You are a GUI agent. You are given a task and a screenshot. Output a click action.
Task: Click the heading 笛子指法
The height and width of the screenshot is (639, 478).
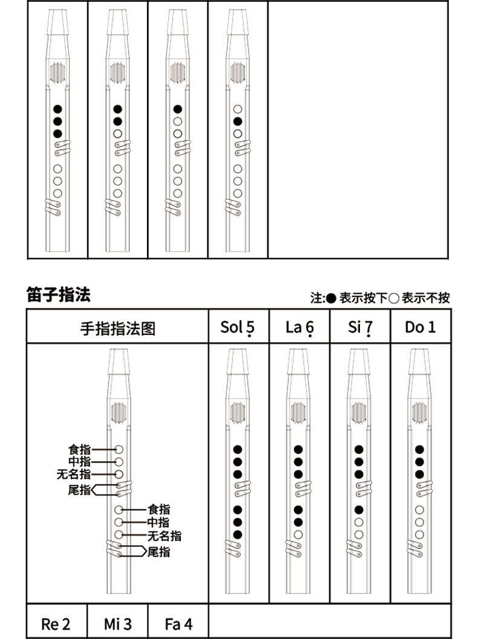point(58,294)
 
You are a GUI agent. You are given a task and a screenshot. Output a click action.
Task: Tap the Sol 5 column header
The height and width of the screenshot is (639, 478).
point(238,327)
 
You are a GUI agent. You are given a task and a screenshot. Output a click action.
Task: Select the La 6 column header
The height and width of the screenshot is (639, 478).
point(300,327)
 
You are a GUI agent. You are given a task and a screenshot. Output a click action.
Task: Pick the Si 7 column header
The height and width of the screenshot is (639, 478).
point(360,327)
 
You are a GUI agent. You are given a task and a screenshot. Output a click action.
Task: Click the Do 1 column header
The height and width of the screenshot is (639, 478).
point(420,327)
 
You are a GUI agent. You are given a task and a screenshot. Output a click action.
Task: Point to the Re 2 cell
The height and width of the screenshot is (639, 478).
point(56,624)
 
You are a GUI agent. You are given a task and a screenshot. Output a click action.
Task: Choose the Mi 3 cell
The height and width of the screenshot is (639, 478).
point(117,624)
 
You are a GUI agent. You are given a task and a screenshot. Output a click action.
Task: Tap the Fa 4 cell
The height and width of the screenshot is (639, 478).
point(178,624)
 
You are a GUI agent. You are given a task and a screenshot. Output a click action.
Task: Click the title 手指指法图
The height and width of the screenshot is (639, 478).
point(118,328)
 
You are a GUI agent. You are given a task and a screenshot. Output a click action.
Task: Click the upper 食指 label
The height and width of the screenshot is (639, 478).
point(79,450)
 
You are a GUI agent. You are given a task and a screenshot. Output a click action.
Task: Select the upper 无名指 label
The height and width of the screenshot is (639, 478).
point(74,474)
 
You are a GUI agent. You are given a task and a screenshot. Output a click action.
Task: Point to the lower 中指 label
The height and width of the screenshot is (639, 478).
point(159,522)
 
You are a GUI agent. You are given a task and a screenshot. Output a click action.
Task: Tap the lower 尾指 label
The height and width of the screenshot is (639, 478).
point(159,552)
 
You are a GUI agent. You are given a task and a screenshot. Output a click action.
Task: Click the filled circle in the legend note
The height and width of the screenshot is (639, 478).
point(331,298)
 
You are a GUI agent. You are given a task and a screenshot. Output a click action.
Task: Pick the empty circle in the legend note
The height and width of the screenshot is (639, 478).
point(393,298)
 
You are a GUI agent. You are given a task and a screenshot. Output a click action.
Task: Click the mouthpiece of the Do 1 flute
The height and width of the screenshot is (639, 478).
point(420,362)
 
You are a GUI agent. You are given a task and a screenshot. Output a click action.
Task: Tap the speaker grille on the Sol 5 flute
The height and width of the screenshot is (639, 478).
point(238,413)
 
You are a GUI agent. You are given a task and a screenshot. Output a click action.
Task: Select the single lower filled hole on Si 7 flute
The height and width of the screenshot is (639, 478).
point(359,510)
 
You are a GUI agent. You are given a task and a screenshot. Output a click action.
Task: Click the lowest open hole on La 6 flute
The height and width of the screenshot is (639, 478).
point(298,534)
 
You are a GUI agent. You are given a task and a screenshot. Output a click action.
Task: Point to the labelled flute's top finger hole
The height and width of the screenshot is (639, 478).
point(119,450)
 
